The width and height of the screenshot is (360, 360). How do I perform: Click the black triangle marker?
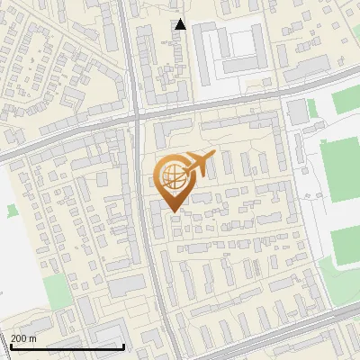[181, 24]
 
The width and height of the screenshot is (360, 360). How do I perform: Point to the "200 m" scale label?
[24, 338]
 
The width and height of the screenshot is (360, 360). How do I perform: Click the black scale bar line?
[67, 346]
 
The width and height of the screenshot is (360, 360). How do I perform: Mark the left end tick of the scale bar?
[11, 346]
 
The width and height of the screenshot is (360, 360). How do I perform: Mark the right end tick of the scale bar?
[124, 346]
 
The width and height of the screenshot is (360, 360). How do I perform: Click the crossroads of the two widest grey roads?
[137, 115]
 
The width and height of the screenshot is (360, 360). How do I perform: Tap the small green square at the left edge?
[12, 211]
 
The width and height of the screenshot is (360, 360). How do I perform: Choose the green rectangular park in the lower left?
[57, 292]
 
